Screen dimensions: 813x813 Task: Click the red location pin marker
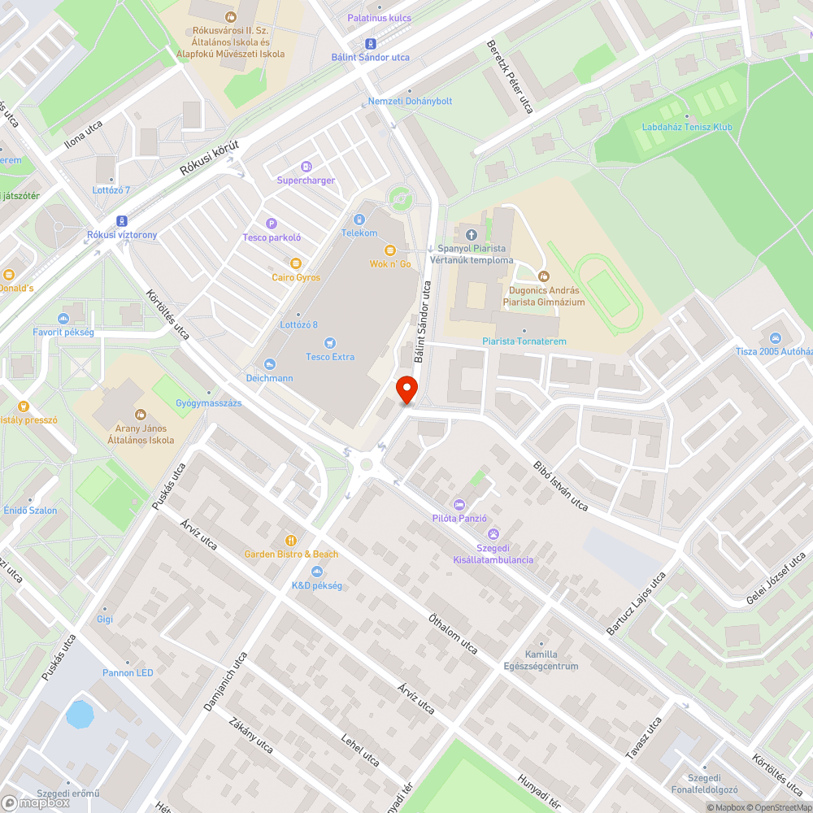click(406, 389)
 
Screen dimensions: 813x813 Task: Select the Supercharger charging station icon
click(306, 167)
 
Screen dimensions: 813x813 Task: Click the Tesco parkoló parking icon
click(272, 224)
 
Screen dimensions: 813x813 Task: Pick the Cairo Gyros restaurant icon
click(295, 263)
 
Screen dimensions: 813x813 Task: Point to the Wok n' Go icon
click(390, 250)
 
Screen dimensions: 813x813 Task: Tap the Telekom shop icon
click(359, 220)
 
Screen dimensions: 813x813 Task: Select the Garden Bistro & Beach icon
click(291, 541)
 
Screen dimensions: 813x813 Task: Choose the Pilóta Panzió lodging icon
click(459, 505)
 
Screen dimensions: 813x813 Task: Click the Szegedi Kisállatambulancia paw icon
click(493, 533)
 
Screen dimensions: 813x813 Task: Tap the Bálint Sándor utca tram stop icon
click(371, 44)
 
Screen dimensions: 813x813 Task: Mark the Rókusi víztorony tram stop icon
click(122, 221)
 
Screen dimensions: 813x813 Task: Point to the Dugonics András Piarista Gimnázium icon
click(545, 276)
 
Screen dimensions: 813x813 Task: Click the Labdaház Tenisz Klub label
click(687, 128)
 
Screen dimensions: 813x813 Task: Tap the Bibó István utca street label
click(560, 487)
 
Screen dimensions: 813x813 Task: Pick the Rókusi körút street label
click(209, 159)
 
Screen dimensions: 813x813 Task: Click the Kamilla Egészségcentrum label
click(541, 660)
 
